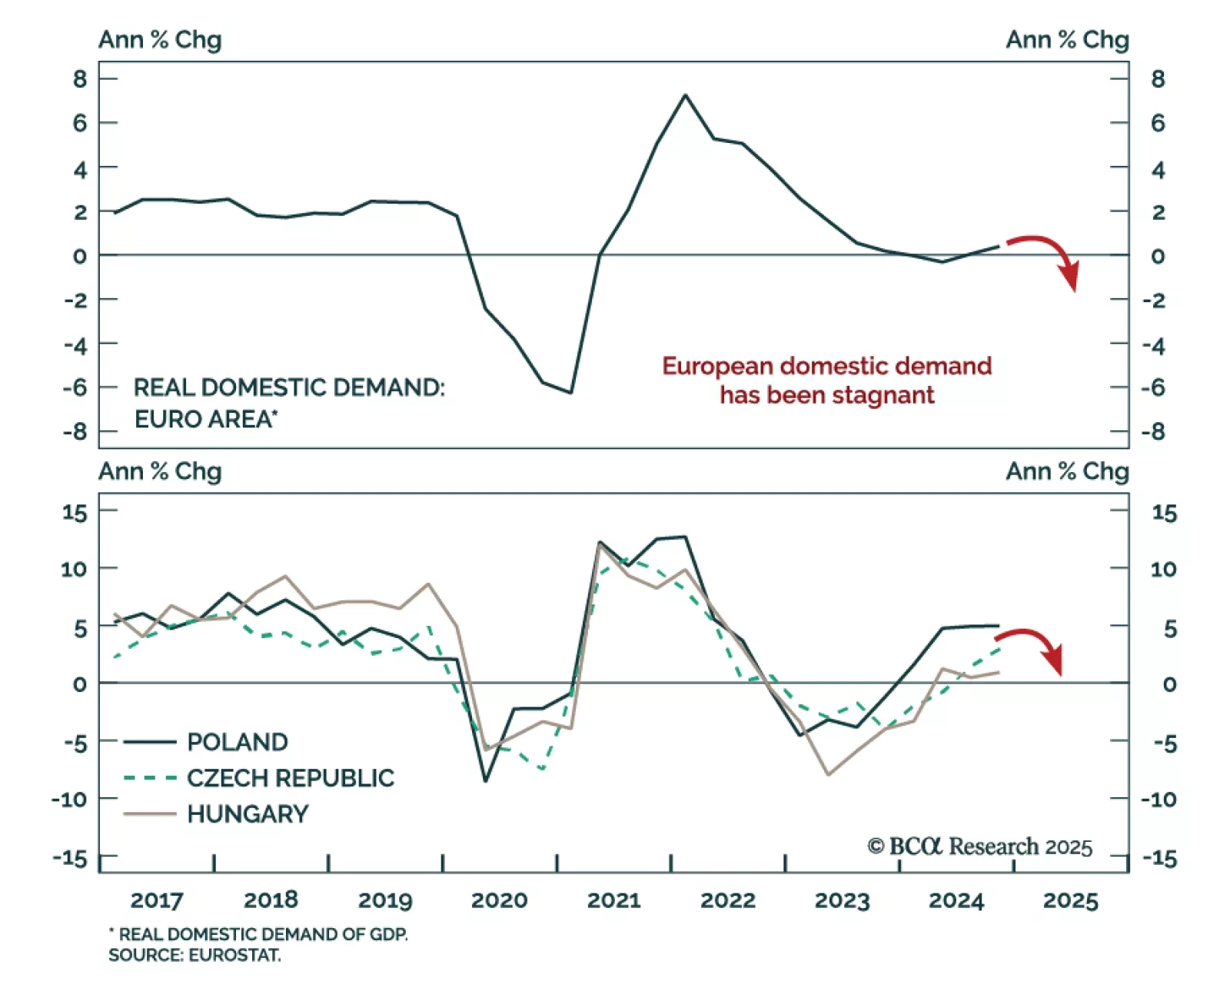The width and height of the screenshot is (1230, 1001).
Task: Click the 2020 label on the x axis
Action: [499, 900]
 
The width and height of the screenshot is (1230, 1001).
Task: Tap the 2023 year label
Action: [842, 900]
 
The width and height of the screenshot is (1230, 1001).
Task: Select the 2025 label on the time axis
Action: [1070, 900]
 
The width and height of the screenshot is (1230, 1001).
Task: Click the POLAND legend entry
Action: [237, 742]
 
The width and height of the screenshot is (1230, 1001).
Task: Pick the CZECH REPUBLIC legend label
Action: [290, 778]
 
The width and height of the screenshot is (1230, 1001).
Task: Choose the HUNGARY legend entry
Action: [248, 814]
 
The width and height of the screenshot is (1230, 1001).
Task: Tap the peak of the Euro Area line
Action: [685, 95]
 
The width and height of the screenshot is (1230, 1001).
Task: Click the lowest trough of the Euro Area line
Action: [570, 392]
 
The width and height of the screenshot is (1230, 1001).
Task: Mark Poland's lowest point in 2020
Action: [485, 781]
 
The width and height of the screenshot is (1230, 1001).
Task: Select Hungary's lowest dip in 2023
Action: [828, 774]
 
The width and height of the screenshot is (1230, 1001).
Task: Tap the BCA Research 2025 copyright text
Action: [979, 846]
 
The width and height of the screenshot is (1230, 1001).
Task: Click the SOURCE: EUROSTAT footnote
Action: [194, 956]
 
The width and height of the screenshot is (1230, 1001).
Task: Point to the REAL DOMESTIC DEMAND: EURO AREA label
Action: [288, 402]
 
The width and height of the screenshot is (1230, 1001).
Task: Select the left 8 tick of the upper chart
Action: [80, 78]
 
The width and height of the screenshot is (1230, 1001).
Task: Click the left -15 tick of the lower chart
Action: [70, 858]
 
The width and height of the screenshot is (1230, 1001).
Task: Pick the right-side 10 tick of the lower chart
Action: [1163, 569]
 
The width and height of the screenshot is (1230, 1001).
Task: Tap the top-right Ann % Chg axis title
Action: [1067, 40]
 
